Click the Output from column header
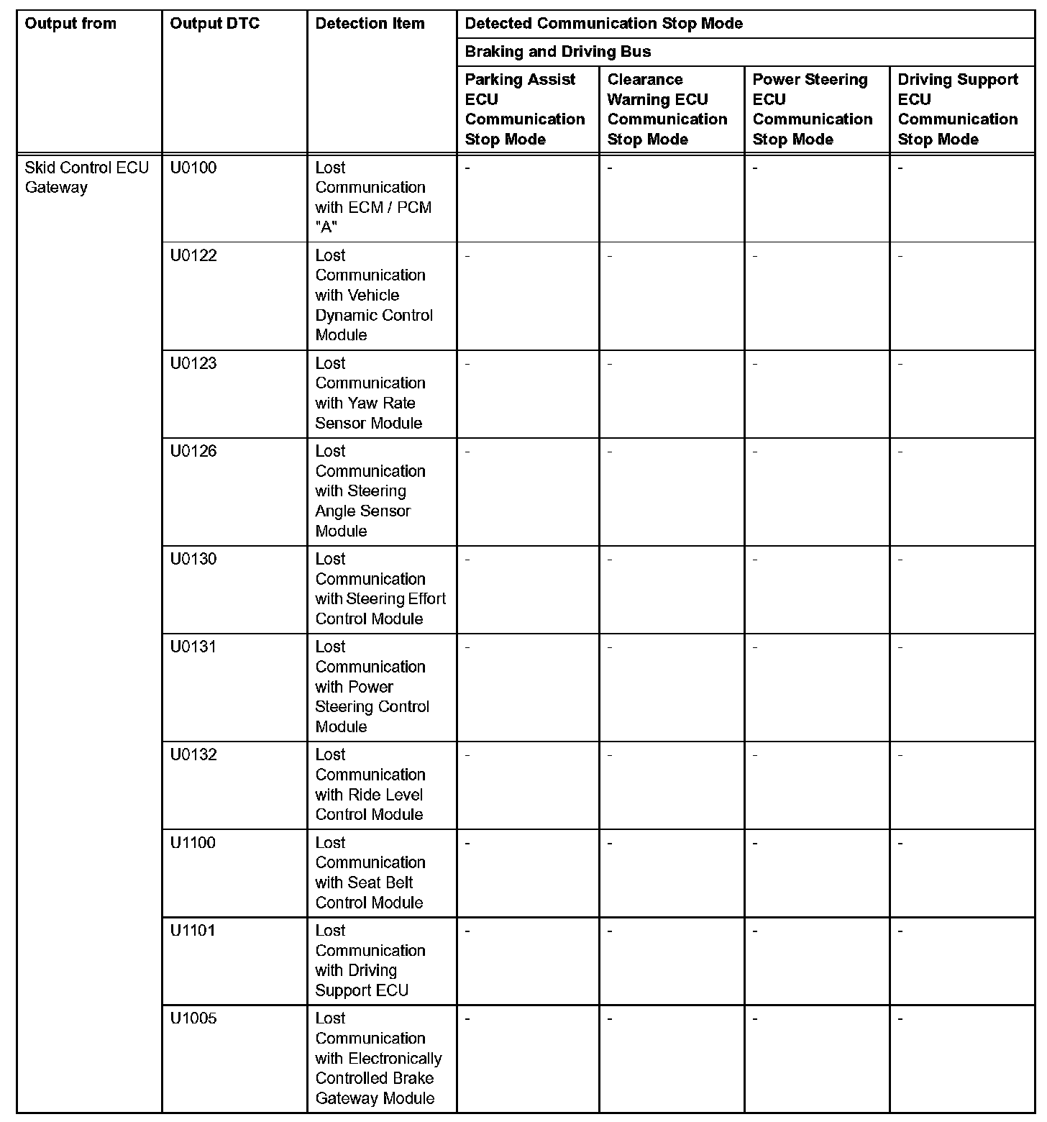70,24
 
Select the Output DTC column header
214,24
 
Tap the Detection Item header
370,24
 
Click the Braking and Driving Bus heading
557,52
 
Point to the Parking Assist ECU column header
524,109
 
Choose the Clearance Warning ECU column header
667,109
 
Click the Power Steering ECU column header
812,109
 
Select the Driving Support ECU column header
957,109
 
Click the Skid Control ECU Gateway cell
86,178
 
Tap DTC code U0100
193,168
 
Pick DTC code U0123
193,363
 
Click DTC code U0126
193,452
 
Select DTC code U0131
193,647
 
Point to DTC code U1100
193,843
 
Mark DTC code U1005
193,1018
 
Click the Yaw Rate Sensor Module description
370,393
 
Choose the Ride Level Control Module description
370,785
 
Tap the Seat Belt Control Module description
370,872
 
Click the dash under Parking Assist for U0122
467,255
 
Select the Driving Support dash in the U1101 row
900,931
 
